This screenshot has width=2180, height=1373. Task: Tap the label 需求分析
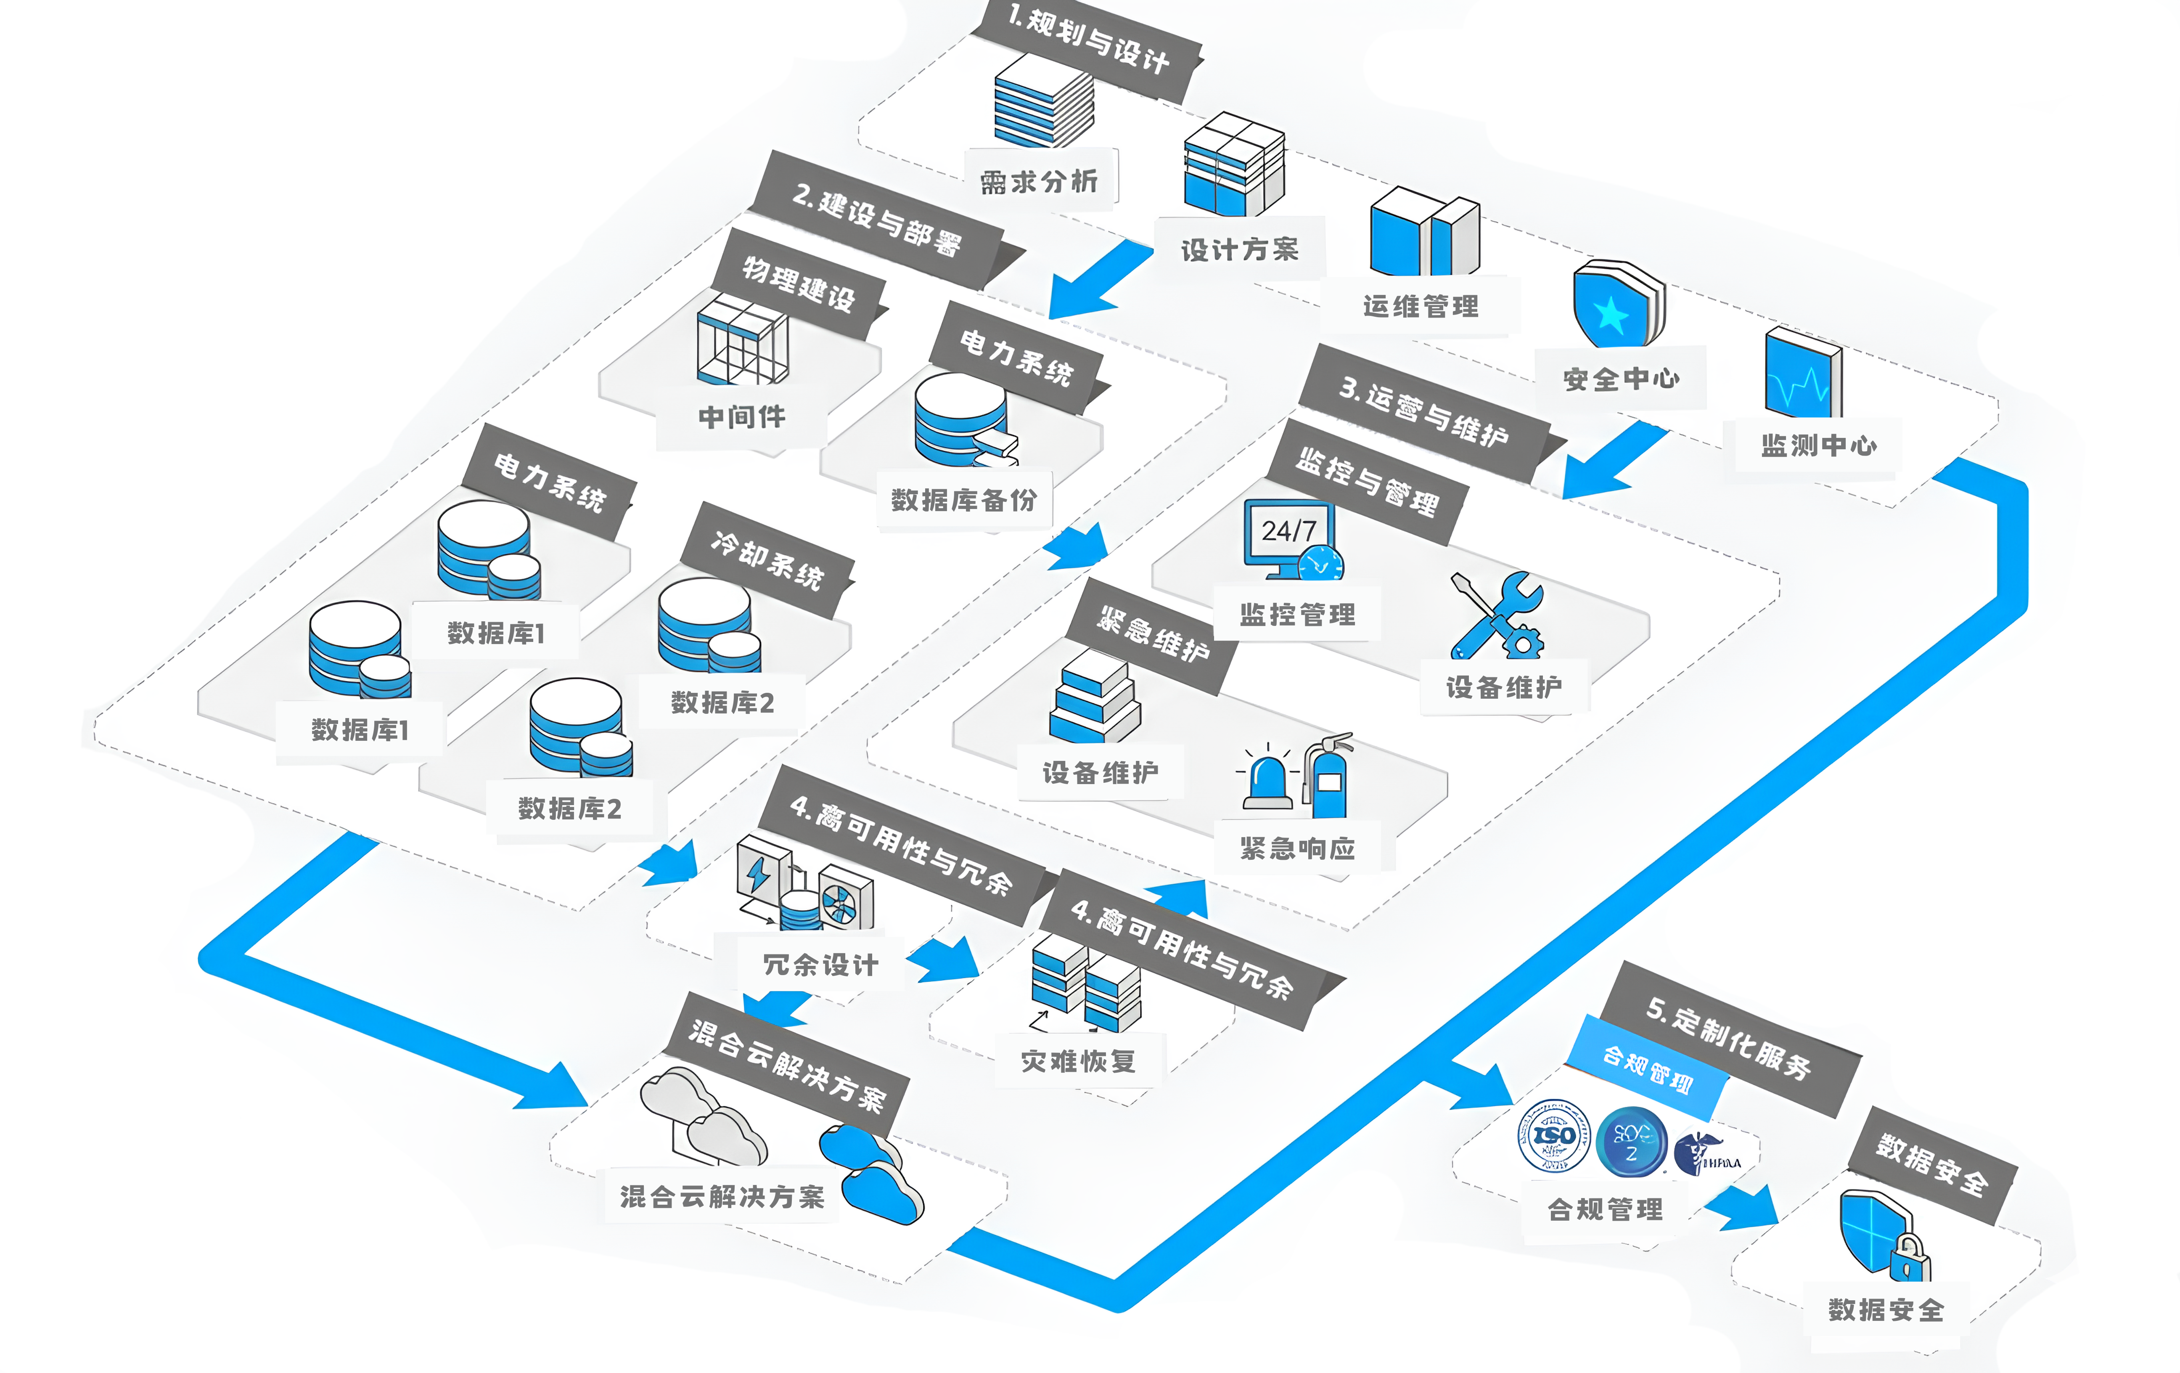pos(1039,181)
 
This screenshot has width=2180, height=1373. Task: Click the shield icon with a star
pos(1616,305)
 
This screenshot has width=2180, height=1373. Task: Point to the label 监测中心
pos(1818,445)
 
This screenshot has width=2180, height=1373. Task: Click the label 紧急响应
pos(1297,848)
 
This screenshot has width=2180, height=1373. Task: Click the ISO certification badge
pos(1553,1136)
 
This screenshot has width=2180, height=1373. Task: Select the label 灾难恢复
pos(1077,1060)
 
